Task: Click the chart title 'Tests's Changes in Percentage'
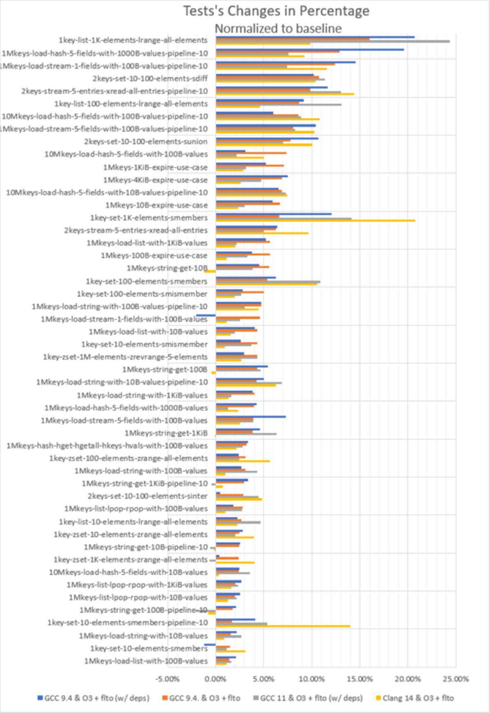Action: pyautogui.click(x=276, y=11)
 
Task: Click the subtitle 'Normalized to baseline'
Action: pyautogui.click(x=278, y=29)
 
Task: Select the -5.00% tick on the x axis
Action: pyautogui.click(x=167, y=679)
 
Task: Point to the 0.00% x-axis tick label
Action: pyautogui.click(x=215, y=679)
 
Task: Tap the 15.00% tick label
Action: pyautogui.click(x=360, y=679)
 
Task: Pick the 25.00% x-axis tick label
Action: pyautogui.click(x=456, y=679)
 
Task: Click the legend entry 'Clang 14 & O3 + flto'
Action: pyautogui.click(x=414, y=698)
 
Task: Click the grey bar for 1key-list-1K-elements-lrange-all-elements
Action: pyautogui.click(x=333, y=41)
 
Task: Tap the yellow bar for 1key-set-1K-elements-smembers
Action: pyautogui.click(x=315, y=221)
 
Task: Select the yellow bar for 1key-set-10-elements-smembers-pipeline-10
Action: pyautogui.click(x=283, y=626)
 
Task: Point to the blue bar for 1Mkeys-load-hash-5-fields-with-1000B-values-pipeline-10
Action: pyautogui.click(x=310, y=50)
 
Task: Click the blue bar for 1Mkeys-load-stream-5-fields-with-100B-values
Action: pyautogui.click(x=251, y=416)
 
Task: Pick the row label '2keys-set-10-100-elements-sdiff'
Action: pyautogui.click(x=150, y=78)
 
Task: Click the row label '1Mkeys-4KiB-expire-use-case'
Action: pyautogui.click(x=155, y=180)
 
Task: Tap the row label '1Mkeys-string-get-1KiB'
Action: pyautogui.click(x=166, y=433)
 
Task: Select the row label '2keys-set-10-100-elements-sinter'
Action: pyautogui.click(x=147, y=496)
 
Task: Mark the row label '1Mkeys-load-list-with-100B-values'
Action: pyautogui.click(x=146, y=661)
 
